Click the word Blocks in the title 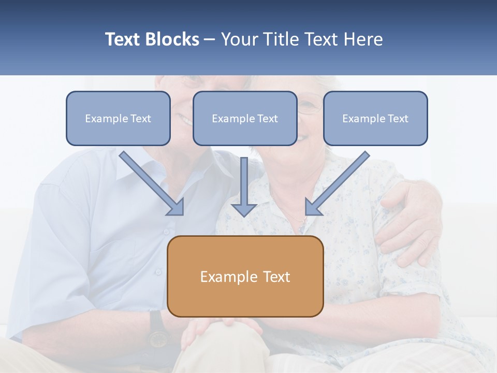(x=173, y=39)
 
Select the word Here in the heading (x=363, y=39)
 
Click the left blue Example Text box (x=118, y=118)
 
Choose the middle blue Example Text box (x=245, y=118)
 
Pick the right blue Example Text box (x=375, y=118)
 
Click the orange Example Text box (x=245, y=276)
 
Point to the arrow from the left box (x=150, y=182)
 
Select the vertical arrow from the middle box (x=244, y=187)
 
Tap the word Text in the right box (x=398, y=119)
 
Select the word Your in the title (x=238, y=39)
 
